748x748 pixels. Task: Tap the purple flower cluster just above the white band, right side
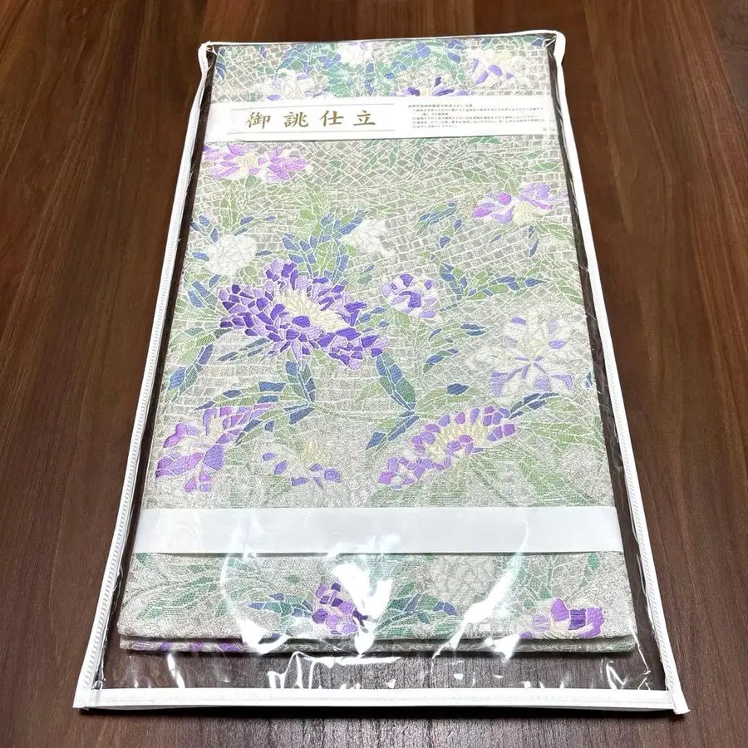(x=453, y=440)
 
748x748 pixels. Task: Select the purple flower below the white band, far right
(x=573, y=619)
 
